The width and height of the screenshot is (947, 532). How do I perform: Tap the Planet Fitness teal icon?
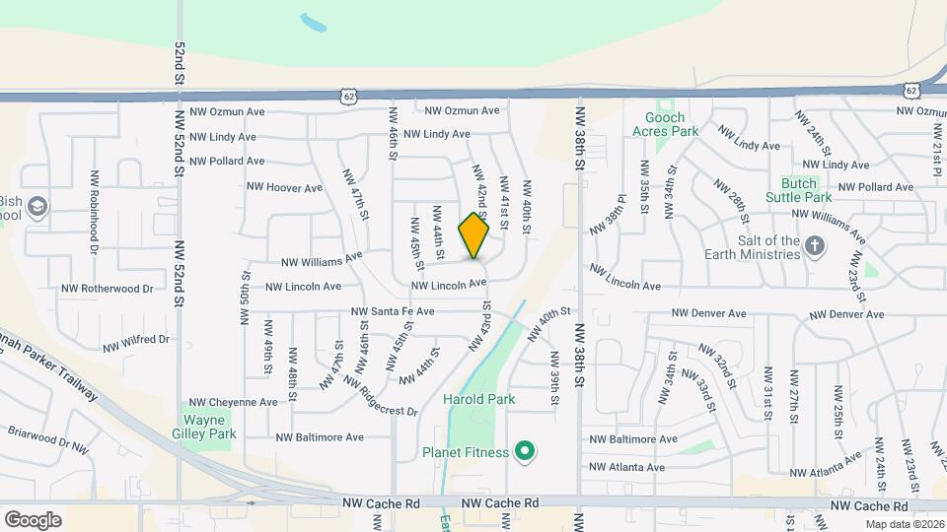pos(526,453)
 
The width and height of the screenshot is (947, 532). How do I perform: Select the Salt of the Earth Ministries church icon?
pos(815,245)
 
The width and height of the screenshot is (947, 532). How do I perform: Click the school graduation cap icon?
pos(37,207)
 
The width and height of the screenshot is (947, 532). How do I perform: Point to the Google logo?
pos(33,519)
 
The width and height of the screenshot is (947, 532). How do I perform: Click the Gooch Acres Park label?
pos(665,124)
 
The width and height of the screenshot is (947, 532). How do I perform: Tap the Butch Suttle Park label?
pos(799,190)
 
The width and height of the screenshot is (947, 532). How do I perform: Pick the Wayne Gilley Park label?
pos(208,427)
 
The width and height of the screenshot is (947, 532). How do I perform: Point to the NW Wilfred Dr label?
pos(136,344)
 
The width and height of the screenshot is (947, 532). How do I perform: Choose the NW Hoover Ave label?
pos(284,187)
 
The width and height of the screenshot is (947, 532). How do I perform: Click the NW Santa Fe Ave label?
pos(393,312)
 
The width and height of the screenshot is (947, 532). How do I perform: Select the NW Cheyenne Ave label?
pos(233,402)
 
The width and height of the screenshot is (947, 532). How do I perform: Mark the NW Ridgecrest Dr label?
pos(381,396)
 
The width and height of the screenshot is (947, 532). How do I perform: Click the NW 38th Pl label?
pos(609,222)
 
